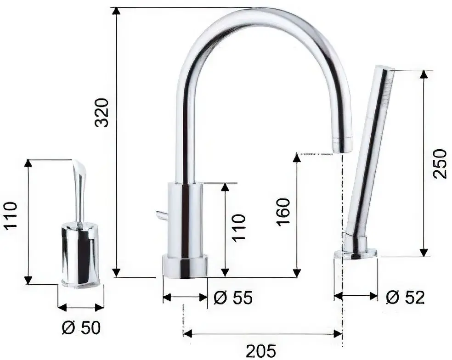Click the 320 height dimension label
coord(102,112)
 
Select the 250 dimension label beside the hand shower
coord(439,163)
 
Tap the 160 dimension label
coord(283,211)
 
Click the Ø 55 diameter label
coord(233,298)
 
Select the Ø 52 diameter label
coord(405,298)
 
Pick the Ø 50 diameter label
coord(81,328)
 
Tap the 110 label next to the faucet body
coord(238,228)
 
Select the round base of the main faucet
coord(185,266)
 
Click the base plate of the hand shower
coord(359,253)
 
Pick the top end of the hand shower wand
coord(384,69)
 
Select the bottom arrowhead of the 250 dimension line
coord(424,253)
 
